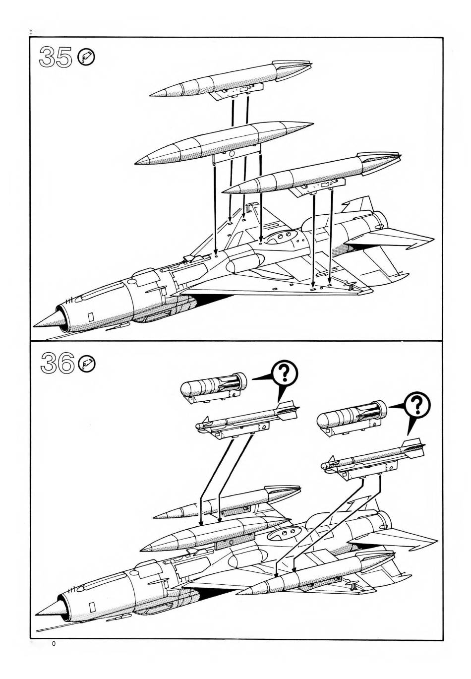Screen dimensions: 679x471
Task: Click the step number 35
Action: click(55, 58)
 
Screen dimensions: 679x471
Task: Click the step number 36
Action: click(56, 364)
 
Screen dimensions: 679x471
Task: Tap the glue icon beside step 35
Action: click(87, 58)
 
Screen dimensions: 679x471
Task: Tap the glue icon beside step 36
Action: click(87, 364)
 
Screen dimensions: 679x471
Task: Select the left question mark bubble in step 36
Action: click(285, 372)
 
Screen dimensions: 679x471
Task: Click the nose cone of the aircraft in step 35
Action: click(46, 320)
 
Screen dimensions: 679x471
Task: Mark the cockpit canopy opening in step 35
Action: click(281, 239)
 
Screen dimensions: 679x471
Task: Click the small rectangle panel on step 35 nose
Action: click(90, 316)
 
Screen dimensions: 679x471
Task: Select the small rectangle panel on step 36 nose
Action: click(92, 606)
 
